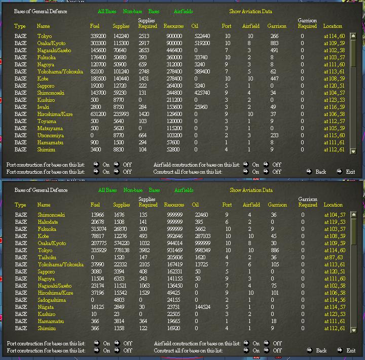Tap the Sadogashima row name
pyautogui.click(x=51, y=300)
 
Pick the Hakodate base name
pyautogui.click(x=47, y=222)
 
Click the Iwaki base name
pyautogui.click(x=44, y=107)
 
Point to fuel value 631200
pyautogui.click(x=99, y=114)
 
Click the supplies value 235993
pyautogui.click(x=122, y=114)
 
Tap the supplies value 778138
pyautogui.click(x=122, y=251)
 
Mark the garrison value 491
pyautogui.click(x=274, y=51)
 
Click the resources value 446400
pyautogui.click(x=173, y=51)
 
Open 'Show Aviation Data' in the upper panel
pyautogui.click(x=250, y=11)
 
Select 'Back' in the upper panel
pyautogui.click(x=320, y=172)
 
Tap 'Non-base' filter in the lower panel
pyautogui.click(x=133, y=190)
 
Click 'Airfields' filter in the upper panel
pyautogui.click(x=183, y=11)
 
